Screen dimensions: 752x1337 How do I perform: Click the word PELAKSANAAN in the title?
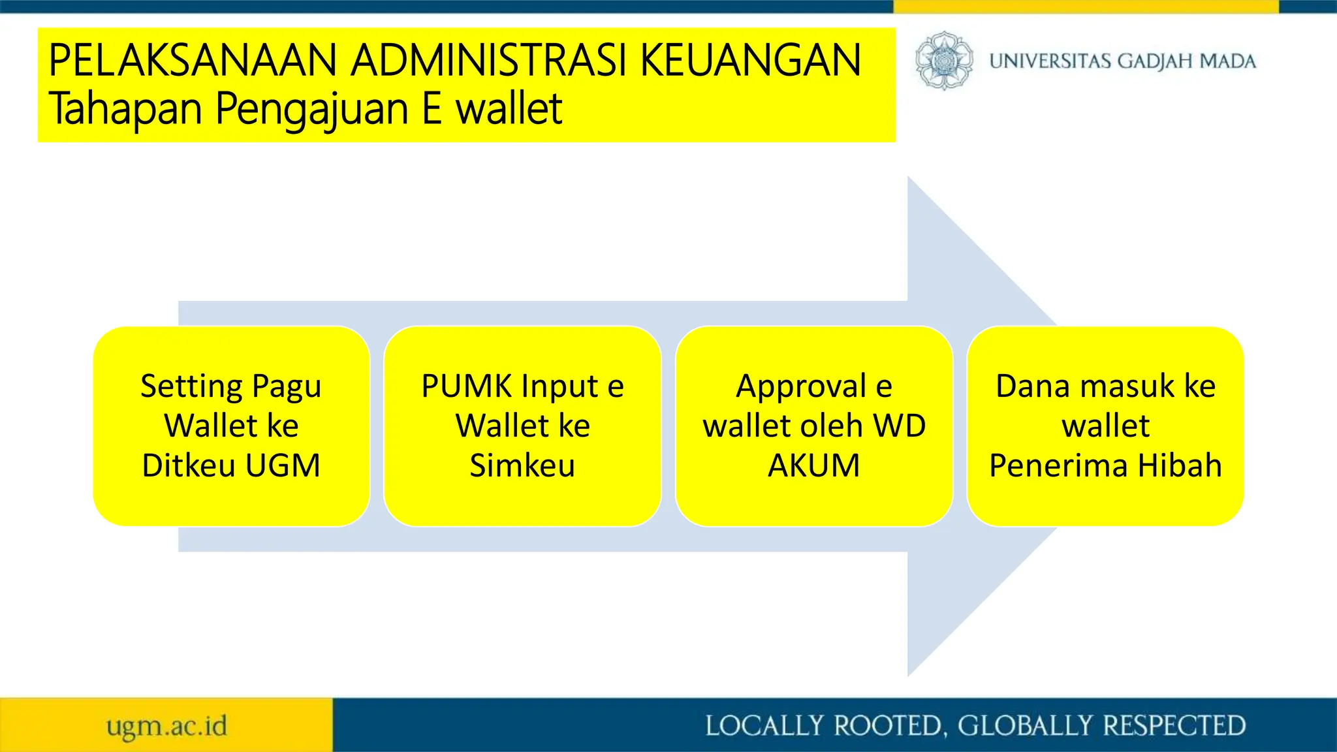[x=193, y=60]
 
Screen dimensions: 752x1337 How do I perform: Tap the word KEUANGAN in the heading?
[x=751, y=60]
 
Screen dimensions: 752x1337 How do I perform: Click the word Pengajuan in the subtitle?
[x=311, y=108]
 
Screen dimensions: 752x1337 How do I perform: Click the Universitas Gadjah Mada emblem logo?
[x=943, y=61]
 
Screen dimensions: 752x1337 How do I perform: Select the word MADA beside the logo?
[x=1228, y=61]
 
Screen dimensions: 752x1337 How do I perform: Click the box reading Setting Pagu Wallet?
[x=231, y=426]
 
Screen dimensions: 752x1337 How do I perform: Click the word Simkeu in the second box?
[x=522, y=465]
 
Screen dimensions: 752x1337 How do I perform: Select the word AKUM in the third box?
[x=813, y=465]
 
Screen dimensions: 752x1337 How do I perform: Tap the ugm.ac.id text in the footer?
[x=166, y=726]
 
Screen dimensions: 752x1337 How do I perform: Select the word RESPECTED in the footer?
[x=1174, y=726]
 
